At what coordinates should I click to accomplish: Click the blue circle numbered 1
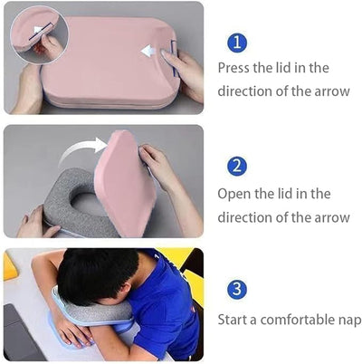point(236,43)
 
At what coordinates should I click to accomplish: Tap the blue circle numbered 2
point(236,166)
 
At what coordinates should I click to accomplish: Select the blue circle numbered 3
point(236,289)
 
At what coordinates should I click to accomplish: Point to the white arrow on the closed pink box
point(148,52)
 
